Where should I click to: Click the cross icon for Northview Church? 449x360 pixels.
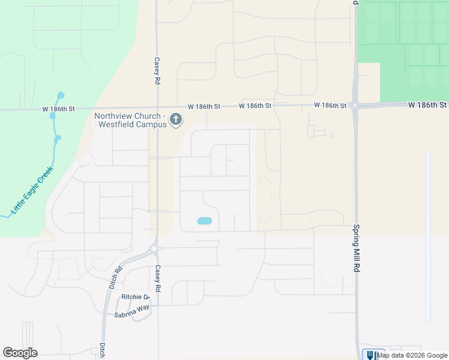176,119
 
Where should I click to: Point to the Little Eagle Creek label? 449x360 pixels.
32,190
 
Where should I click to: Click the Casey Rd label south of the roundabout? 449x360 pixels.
158,279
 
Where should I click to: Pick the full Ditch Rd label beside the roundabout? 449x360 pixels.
115,278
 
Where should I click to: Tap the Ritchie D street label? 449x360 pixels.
134,297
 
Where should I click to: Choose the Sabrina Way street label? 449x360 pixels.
131,314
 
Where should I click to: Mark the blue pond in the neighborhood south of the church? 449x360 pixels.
204,221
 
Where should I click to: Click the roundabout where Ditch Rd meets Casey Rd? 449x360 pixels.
154,248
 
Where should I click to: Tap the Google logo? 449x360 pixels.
20,353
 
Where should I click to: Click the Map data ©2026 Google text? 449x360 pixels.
412,355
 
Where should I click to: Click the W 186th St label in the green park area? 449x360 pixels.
58,109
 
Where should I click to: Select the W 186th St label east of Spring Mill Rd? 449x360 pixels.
427,104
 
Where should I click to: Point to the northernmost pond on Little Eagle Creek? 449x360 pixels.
60,95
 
